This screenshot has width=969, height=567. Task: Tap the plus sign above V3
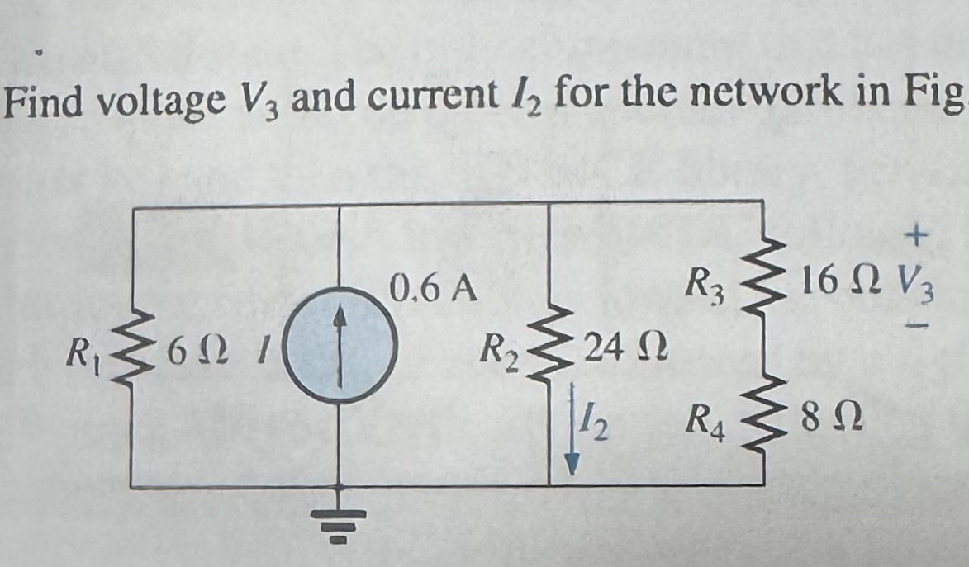pyautogui.click(x=914, y=238)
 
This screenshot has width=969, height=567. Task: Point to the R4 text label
pyautogui.click(x=707, y=429)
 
